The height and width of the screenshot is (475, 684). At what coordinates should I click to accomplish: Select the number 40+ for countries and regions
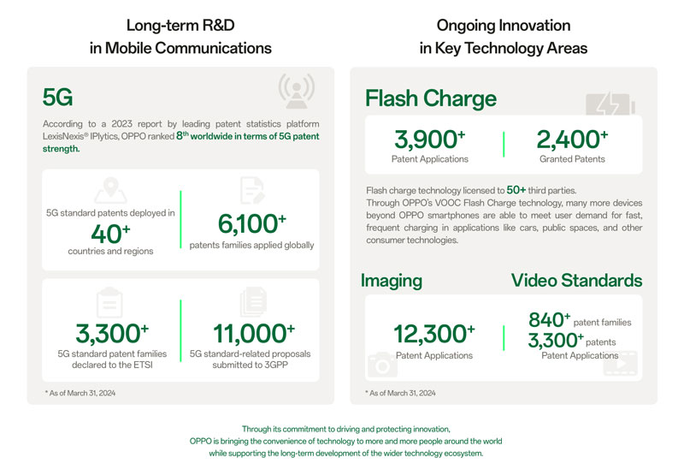[110, 232]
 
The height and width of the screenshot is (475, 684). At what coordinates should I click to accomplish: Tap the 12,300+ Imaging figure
[434, 334]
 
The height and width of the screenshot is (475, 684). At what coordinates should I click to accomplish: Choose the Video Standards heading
[576, 281]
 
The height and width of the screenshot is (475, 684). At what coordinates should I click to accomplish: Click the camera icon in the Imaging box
[381, 365]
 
